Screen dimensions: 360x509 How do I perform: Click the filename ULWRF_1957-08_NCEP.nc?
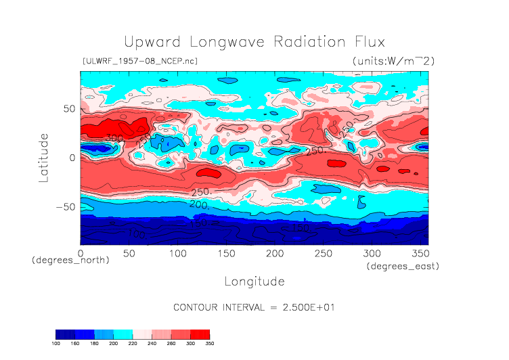[139, 62]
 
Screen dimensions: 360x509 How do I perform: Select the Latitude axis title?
[44, 156]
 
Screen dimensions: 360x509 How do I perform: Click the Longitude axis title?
[254, 281]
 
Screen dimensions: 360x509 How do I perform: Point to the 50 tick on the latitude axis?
[68, 108]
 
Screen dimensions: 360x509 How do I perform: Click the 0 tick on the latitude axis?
[72, 158]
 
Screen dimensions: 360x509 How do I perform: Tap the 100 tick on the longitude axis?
[177, 253]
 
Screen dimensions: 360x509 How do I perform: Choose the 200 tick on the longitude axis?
[274, 253]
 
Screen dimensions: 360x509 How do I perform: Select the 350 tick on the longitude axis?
[420, 253]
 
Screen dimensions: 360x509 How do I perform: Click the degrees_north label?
[70, 260]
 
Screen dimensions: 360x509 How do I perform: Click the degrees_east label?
[403, 267]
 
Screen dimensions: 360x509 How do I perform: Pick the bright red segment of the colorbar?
[200, 334]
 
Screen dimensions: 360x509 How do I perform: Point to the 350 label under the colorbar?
[209, 343]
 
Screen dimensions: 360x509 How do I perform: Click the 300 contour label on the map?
[114, 138]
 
